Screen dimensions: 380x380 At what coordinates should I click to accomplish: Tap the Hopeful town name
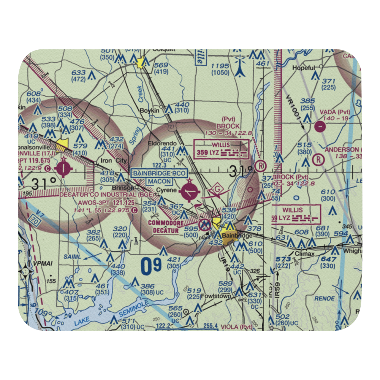click(x=303, y=68)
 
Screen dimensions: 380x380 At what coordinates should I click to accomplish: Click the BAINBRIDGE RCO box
click(x=159, y=174)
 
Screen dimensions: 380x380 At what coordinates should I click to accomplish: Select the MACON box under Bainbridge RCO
click(x=159, y=182)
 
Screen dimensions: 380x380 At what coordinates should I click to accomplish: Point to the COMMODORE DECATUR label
click(x=166, y=226)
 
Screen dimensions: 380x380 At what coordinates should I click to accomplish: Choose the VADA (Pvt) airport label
click(x=334, y=112)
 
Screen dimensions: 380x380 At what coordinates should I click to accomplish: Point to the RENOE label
click(x=324, y=298)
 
